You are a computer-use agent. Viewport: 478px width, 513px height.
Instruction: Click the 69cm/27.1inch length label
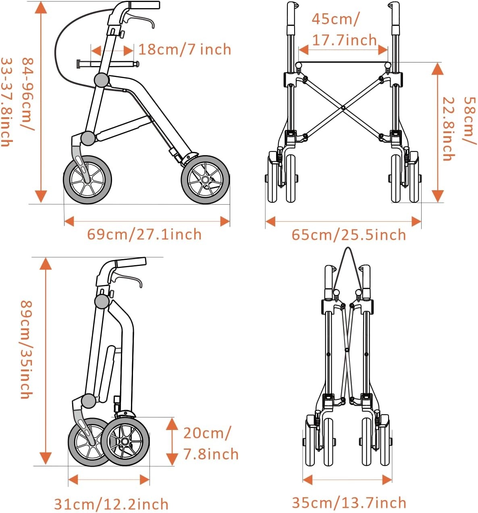(144, 234)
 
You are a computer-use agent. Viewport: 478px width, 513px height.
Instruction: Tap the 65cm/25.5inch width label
(349, 235)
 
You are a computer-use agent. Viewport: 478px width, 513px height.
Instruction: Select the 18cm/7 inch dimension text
(185, 49)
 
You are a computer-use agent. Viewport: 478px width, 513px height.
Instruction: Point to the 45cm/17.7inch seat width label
(344, 29)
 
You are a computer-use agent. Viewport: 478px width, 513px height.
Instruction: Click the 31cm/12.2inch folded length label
(111, 504)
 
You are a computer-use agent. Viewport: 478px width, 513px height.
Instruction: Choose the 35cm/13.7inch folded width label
(349, 503)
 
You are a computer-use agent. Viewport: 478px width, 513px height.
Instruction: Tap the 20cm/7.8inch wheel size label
(210, 443)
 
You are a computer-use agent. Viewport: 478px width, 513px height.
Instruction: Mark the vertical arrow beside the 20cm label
(172, 441)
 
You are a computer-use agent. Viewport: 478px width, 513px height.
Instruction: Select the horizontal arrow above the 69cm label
(147, 221)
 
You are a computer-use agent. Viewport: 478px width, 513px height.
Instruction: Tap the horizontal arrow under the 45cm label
(343, 50)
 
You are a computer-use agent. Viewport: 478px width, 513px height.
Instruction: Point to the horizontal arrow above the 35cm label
(347, 480)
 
